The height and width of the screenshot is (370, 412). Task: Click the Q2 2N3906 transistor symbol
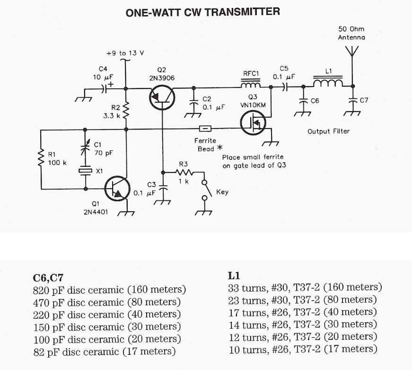coord(161,98)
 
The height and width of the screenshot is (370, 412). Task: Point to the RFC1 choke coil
coord(251,85)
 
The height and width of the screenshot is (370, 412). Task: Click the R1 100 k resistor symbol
coord(41,159)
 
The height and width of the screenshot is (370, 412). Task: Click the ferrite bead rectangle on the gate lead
coord(205,129)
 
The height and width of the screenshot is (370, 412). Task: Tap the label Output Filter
coord(329,131)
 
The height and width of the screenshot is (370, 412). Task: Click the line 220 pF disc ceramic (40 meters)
coord(106,314)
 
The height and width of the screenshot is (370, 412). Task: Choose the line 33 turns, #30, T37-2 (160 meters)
coord(305,287)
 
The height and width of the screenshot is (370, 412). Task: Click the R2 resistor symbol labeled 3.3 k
coord(126,110)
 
